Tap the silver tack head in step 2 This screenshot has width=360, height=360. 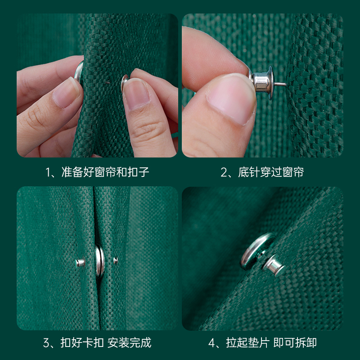[262, 81]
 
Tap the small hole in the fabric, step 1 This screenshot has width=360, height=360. [107, 83]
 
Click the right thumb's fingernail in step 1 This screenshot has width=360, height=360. [136, 94]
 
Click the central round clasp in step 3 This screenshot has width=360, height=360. [100, 261]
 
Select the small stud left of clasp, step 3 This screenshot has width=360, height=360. [80, 262]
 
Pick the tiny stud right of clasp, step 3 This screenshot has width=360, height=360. [116, 260]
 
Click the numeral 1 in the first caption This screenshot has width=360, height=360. [48, 172]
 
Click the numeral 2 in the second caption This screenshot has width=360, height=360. [224, 172]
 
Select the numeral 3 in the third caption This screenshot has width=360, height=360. [46, 343]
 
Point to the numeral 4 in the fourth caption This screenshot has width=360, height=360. [212, 343]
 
